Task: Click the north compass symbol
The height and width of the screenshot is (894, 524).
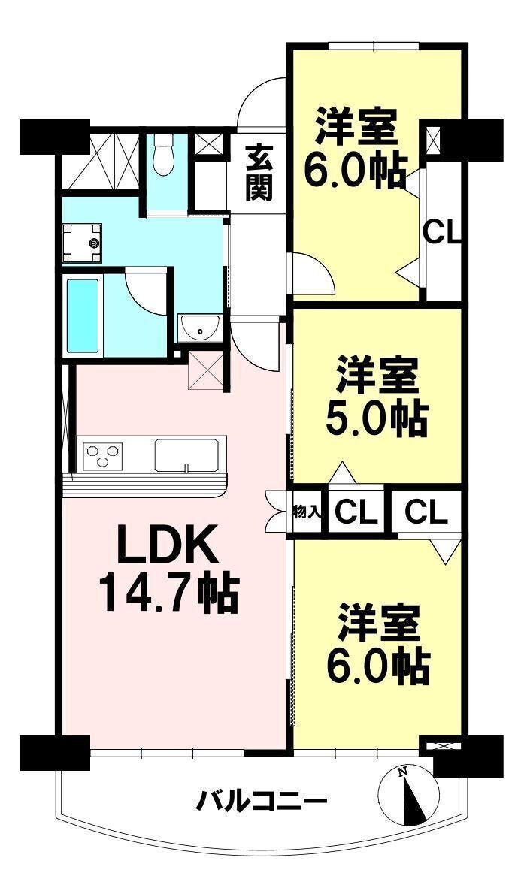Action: pyautogui.click(x=409, y=796)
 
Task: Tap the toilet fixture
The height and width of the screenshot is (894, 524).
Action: pyautogui.click(x=164, y=155)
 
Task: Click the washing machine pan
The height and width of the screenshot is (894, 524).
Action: pyautogui.click(x=82, y=243)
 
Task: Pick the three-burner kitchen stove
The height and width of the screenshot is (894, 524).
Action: pyautogui.click(x=103, y=455)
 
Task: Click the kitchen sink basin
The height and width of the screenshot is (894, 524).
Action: pyautogui.click(x=186, y=455)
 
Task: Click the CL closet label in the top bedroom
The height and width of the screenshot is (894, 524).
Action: pyautogui.click(x=442, y=232)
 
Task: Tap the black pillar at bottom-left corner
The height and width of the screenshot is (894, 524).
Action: pyautogui.click(x=55, y=753)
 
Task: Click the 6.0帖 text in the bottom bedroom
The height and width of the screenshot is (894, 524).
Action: pyautogui.click(x=378, y=666)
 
